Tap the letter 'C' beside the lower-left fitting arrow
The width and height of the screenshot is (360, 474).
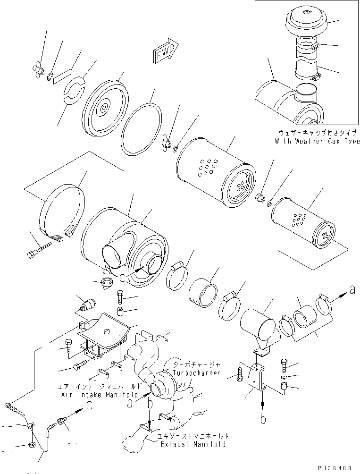[x=89, y=405]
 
